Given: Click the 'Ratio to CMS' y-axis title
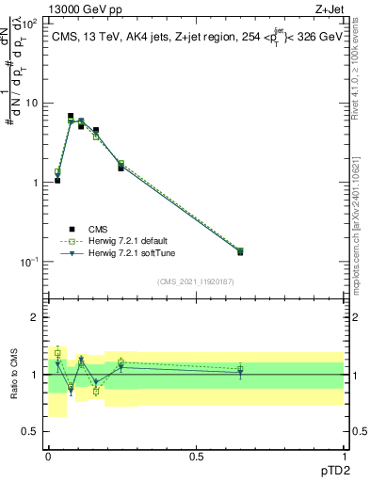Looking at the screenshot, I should pos(13,374).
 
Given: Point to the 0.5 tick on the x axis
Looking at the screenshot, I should pos(196,456).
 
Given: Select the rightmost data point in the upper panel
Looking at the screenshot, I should pos(240,251).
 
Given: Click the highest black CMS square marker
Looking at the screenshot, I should pos(71,116).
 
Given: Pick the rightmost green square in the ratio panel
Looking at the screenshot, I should pos(240,368).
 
